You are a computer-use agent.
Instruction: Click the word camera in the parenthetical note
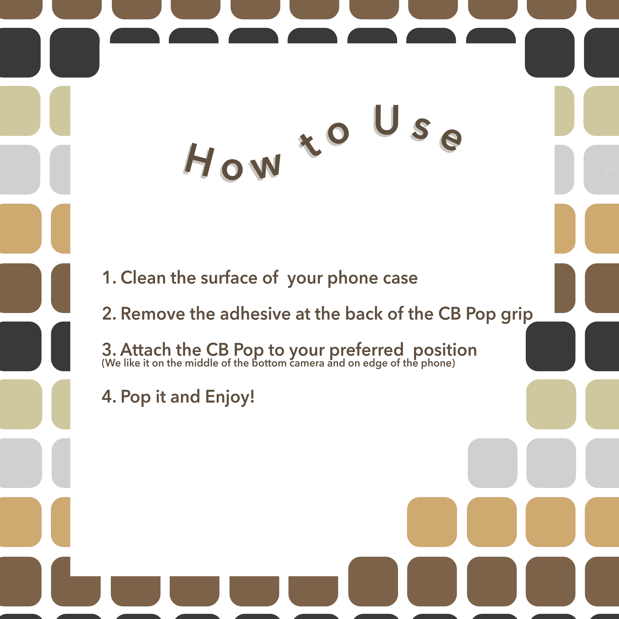(307, 363)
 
